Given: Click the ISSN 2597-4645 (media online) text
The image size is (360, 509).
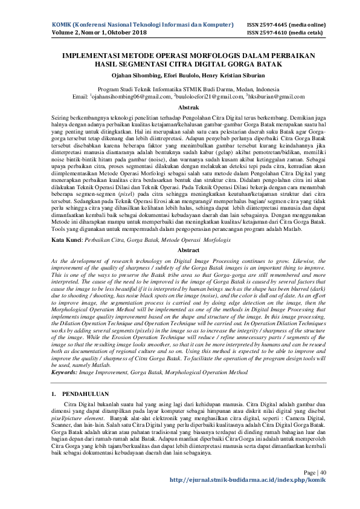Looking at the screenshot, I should (286, 25).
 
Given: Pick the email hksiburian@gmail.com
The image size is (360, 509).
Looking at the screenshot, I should (270, 97).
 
